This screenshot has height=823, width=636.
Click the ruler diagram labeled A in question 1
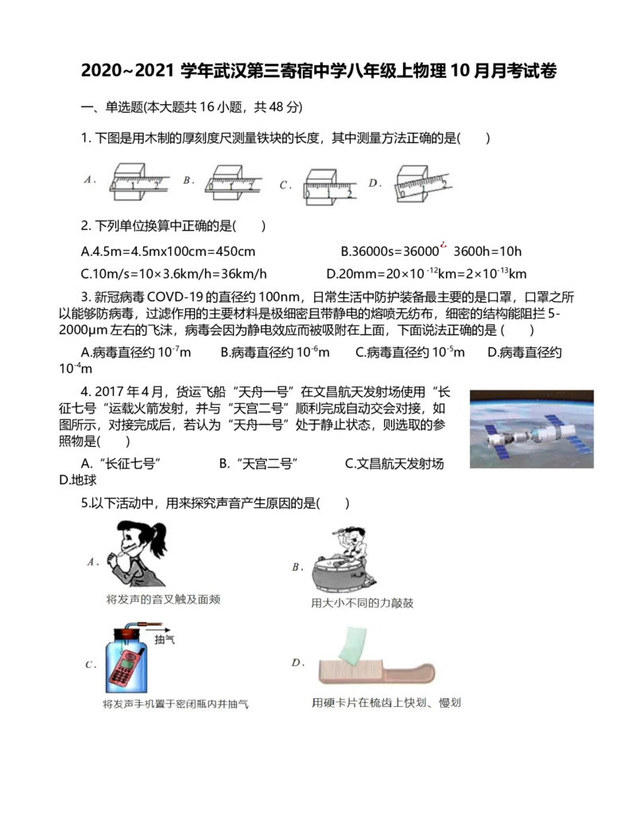139,181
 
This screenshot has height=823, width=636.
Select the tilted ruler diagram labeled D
424,184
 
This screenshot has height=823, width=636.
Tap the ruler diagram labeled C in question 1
331,186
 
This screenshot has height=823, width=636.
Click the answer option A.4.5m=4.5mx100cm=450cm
168,251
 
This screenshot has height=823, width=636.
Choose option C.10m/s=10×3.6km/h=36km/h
173,274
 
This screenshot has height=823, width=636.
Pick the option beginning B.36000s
431,251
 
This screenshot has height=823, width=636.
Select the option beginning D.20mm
426,274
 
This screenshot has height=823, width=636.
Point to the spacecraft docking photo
532,429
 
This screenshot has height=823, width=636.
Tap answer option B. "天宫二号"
258,464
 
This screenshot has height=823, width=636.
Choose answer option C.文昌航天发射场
394,464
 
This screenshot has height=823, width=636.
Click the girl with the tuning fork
138,553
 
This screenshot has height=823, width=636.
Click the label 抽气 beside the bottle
165,639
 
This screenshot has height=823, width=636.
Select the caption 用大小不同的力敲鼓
362,603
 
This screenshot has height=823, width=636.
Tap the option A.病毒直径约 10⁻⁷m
136,352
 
